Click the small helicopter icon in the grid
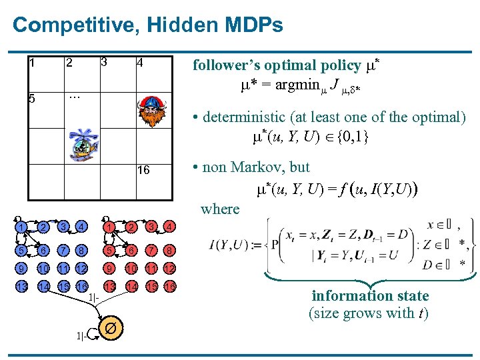pos(84,144)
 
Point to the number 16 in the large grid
pos(143,171)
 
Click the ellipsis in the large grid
pos(74,95)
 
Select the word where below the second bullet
pos(220,209)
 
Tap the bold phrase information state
pos(370,295)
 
